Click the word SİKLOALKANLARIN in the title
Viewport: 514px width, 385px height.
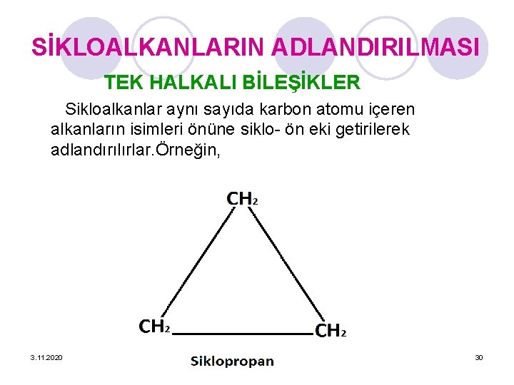click(148, 48)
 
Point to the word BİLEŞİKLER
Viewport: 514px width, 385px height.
click(301, 83)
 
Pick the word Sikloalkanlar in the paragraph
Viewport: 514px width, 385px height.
click(114, 110)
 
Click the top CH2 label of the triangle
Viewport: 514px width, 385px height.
click(242, 198)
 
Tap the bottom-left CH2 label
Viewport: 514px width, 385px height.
click(154, 327)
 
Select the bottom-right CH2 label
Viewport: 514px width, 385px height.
click(331, 331)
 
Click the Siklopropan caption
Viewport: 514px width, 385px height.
click(232, 361)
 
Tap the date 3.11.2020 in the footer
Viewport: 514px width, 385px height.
click(46, 356)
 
